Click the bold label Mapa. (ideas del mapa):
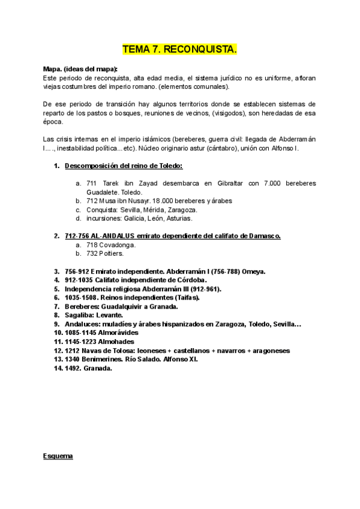click(81, 69)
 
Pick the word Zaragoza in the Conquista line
click(178, 209)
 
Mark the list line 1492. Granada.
click(84, 368)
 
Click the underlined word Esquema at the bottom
click(58, 457)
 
